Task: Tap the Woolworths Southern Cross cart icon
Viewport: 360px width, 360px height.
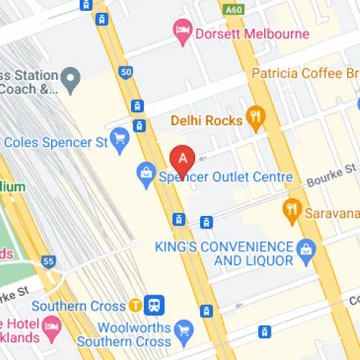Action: coord(184,330)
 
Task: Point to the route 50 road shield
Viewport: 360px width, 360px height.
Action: coord(127,73)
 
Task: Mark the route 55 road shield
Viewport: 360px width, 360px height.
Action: coord(48,263)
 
